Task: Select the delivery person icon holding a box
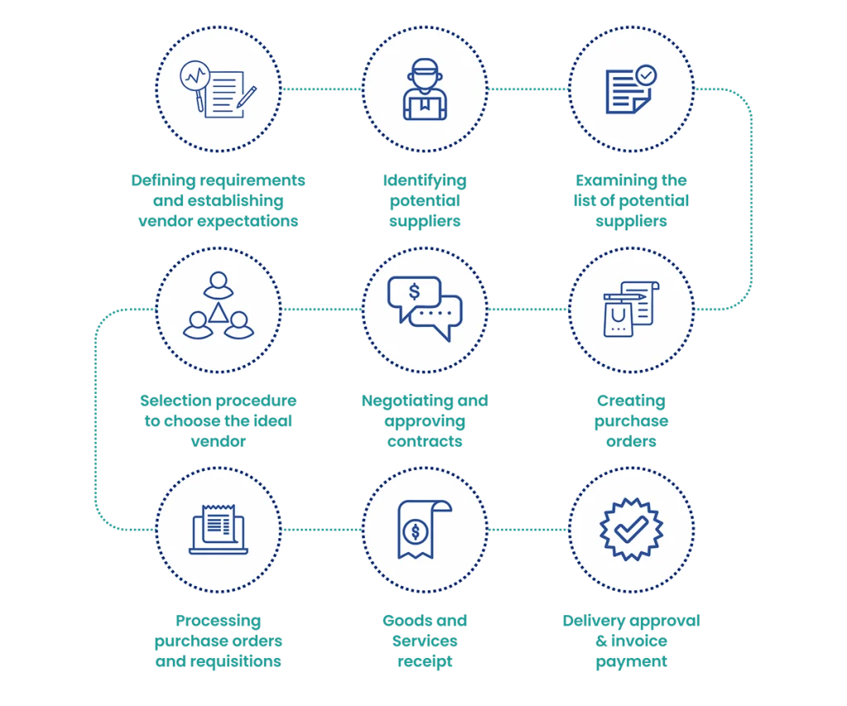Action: coord(424,89)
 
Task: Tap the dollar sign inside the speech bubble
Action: coord(414,291)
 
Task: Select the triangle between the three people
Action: coord(218,312)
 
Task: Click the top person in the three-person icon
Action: coord(218,286)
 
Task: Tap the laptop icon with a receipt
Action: coord(218,529)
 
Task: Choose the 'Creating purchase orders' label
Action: coord(631,421)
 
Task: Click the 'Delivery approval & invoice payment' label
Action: coord(631,641)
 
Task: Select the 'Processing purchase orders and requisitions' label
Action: coord(218,641)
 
